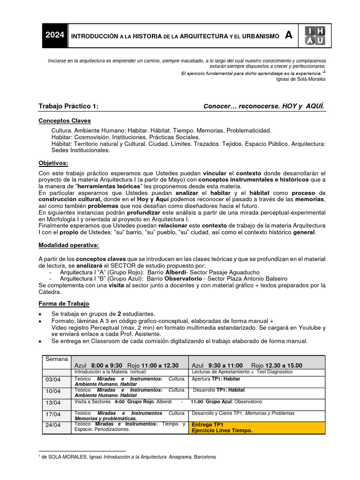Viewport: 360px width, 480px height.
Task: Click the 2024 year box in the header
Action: tap(55, 36)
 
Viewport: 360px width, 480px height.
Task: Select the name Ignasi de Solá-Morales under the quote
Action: tap(301, 79)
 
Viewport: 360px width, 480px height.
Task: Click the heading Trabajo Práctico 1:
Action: tap(68, 106)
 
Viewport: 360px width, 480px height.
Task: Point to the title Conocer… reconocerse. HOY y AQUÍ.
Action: tap(263, 106)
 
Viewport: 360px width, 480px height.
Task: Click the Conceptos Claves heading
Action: tap(65, 121)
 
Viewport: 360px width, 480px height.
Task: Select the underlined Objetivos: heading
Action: tap(53, 163)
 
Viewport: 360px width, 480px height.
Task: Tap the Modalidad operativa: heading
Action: tap(68, 245)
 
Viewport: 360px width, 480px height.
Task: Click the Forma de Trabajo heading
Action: tap(64, 304)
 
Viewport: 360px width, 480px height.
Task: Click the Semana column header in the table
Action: tap(56, 359)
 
